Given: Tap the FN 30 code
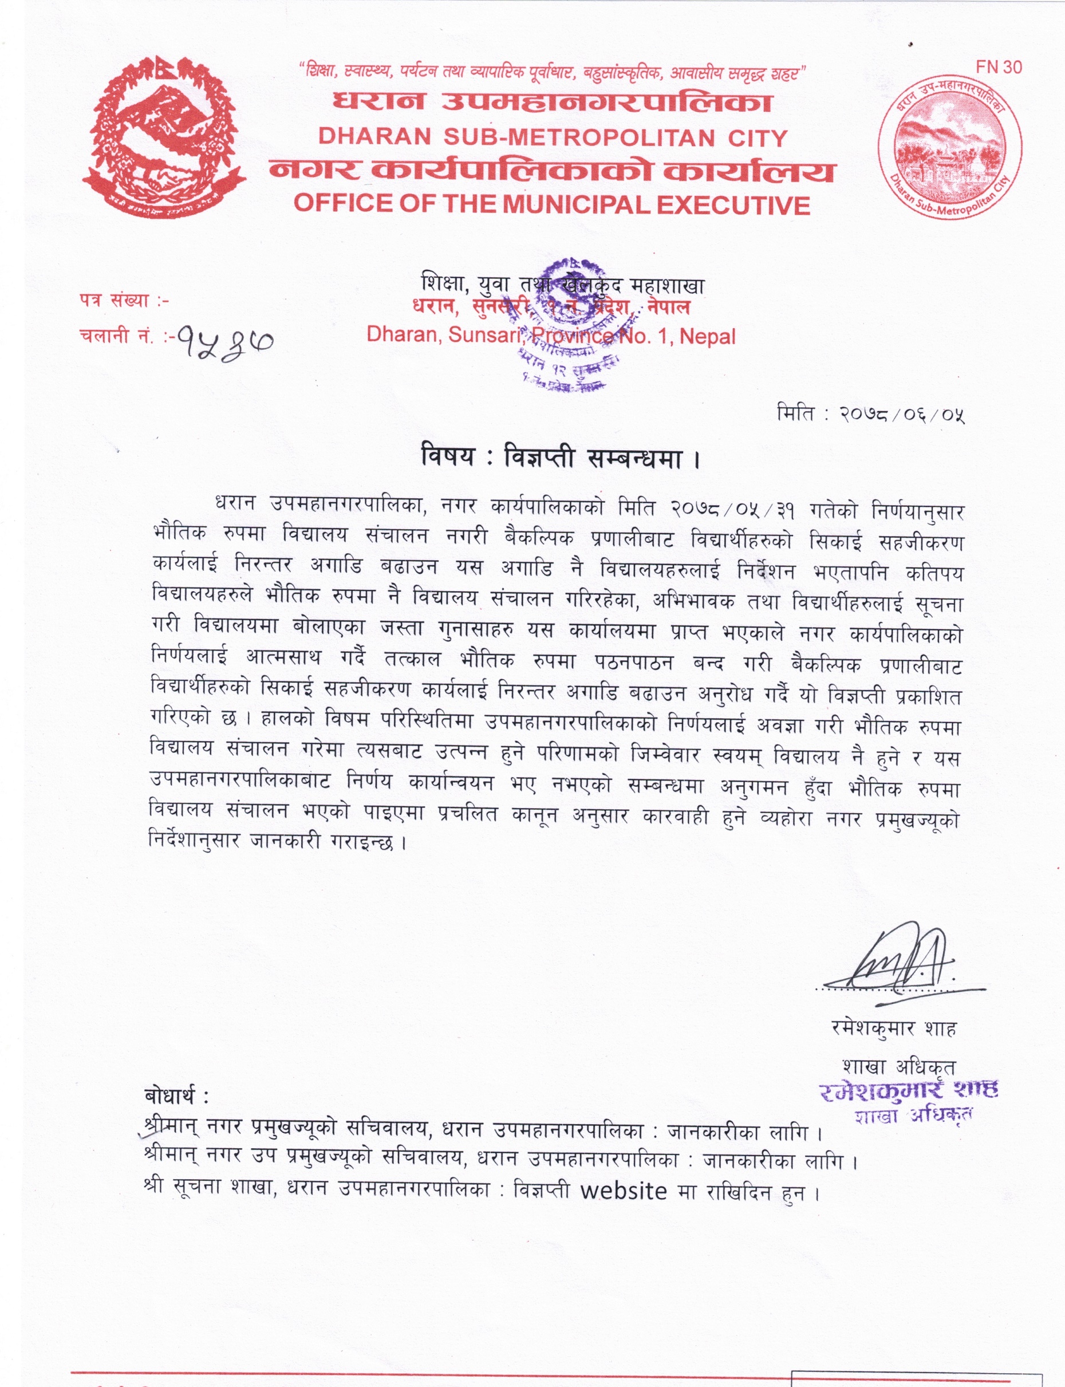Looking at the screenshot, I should pyautogui.click(x=999, y=67).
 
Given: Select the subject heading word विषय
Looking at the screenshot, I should pyautogui.click(x=448, y=457).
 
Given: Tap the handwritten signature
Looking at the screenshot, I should pyautogui.click(x=900, y=965).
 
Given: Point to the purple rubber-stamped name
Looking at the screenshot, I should pyautogui.click(x=908, y=1089).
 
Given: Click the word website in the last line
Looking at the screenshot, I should pyautogui.click(x=624, y=1191).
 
